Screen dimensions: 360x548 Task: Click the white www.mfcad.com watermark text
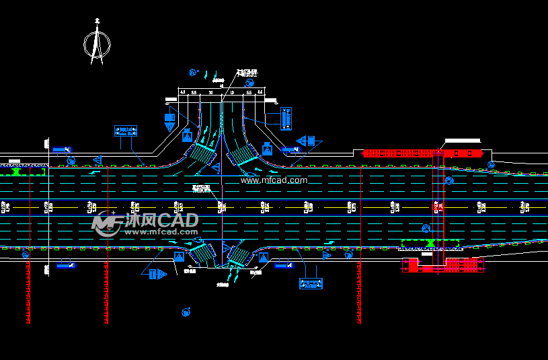(274, 180)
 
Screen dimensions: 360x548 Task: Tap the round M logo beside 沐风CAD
(106, 223)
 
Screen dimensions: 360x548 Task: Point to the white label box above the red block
(463, 140)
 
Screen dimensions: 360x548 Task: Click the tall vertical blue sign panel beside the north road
(286, 118)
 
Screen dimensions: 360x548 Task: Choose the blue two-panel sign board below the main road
(311, 284)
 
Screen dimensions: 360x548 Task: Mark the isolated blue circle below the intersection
(185, 312)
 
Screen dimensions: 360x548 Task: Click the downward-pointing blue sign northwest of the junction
(169, 121)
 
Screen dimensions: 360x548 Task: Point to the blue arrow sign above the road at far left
(62, 149)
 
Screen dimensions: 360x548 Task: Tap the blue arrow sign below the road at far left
(65, 266)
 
